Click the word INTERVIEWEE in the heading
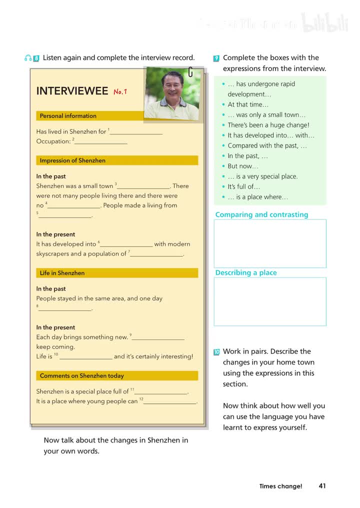click(72, 91)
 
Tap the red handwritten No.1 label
click(120, 91)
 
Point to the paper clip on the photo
click(190, 72)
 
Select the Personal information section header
click(68, 116)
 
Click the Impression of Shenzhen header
click(72, 160)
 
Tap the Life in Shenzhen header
click(62, 273)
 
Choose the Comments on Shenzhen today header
click(81, 375)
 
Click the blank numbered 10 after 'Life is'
click(85, 357)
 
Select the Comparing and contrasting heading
click(261, 215)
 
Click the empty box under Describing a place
click(270, 301)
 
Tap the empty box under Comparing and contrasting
click(270, 243)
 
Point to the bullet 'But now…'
click(242, 166)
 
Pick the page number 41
click(322, 485)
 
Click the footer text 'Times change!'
click(280, 486)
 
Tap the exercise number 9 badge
click(216, 58)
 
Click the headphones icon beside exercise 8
click(28, 58)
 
